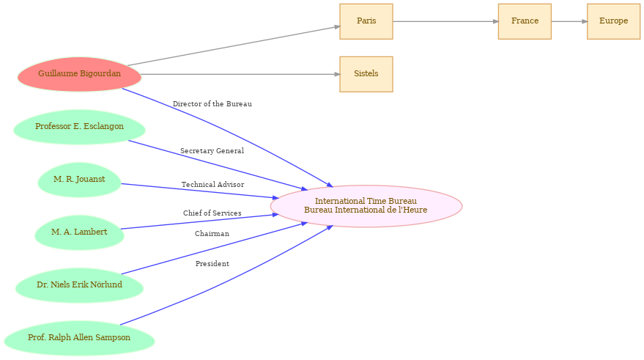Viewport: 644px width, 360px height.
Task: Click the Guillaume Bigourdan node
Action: click(x=79, y=74)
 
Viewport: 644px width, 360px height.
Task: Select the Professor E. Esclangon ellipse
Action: click(x=79, y=127)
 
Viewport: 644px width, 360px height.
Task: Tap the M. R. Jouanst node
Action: click(x=79, y=180)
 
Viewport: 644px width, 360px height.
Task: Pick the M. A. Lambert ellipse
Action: click(x=79, y=232)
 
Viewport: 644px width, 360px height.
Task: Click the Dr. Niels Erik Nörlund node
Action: click(x=79, y=285)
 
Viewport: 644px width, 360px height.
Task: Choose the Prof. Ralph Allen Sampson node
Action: click(x=79, y=338)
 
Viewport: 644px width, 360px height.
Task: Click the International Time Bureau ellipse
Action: click(x=366, y=206)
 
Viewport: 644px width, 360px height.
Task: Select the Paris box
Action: click(x=366, y=21)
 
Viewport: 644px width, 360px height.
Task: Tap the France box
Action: click(x=525, y=21)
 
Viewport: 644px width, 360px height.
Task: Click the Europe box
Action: click(x=614, y=21)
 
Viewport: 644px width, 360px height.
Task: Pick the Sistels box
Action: click(x=366, y=74)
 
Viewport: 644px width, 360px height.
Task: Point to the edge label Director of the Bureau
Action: click(x=212, y=104)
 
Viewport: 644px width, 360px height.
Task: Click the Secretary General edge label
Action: click(x=212, y=151)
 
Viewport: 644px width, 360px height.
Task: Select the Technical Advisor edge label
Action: click(x=212, y=185)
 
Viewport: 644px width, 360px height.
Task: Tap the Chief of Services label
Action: click(x=212, y=213)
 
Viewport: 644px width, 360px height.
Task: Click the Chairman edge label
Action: click(x=212, y=233)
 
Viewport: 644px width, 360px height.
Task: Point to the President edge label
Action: click(x=212, y=263)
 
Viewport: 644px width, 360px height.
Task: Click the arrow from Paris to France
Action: click(x=445, y=21)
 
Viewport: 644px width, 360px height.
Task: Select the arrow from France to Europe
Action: click(x=569, y=21)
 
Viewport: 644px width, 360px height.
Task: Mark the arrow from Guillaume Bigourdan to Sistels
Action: click(x=240, y=74)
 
